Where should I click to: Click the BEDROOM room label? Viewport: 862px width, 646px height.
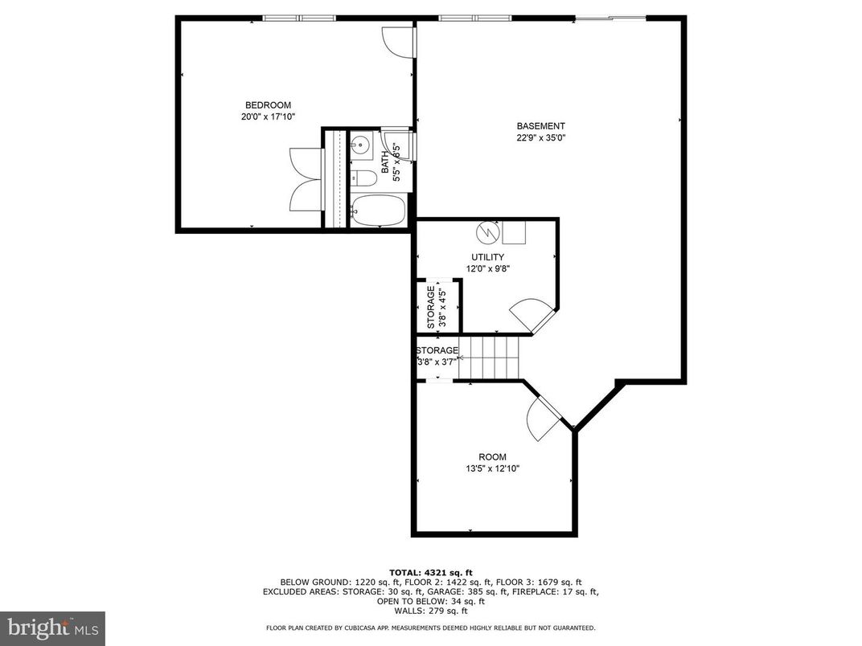(x=268, y=105)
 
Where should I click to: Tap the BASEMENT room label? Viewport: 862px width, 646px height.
(x=540, y=126)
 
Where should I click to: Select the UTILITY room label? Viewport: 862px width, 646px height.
(x=487, y=257)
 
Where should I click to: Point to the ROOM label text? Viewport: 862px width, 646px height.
(x=492, y=457)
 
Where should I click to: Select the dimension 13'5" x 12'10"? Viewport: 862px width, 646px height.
(x=492, y=469)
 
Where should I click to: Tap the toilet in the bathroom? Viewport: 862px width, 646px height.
(x=363, y=178)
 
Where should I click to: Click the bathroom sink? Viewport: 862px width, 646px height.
(x=359, y=145)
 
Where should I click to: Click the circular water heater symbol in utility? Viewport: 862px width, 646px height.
(x=486, y=233)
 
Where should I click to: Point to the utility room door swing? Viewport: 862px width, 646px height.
(x=532, y=314)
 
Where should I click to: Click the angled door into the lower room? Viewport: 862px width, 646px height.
(x=544, y=417)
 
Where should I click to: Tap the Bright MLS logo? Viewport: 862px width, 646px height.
(x=52, y=628)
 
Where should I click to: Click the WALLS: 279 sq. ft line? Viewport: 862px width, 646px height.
(x=430, y=610)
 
